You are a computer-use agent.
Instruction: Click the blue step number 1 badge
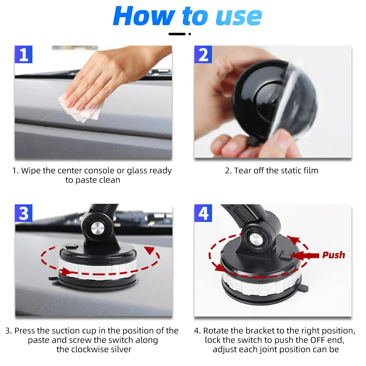point(23,55)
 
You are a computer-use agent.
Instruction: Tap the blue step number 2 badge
point(203,55)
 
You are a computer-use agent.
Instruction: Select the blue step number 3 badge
point(23,213)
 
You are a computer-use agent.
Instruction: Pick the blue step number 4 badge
point(203,213)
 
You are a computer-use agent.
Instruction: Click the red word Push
point(334,255)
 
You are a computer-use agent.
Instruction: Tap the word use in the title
point(239,17)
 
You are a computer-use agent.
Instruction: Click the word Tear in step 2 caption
point(242,171)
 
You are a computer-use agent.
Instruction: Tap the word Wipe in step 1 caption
point(30,171)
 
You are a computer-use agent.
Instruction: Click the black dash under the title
point(177,34)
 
